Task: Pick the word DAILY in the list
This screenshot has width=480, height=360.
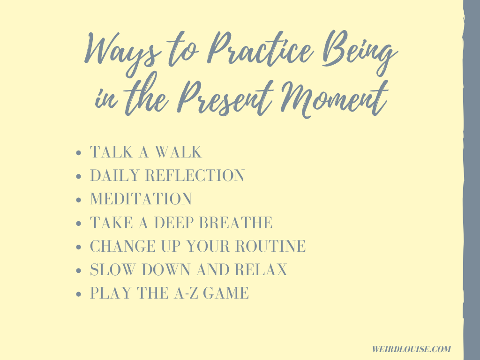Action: point(115,175)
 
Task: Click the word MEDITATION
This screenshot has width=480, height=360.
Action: point(141,199)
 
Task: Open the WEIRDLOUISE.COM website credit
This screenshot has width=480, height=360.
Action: point(412,349)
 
